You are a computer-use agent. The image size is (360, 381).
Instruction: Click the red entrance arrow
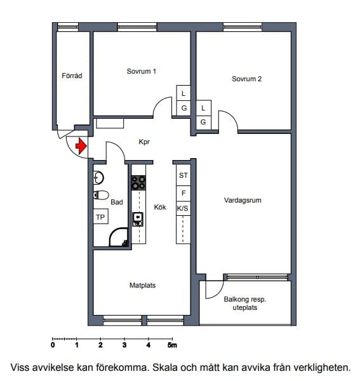[81, 146]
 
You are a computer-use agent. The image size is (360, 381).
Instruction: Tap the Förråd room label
[72, 76]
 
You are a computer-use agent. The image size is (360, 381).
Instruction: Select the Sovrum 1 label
[141, 71]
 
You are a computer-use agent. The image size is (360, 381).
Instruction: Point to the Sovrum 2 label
[246, 79]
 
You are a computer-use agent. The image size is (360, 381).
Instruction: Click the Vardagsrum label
[243, 200]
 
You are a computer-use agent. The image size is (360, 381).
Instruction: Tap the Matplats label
[143, 285]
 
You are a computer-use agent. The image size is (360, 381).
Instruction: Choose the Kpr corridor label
[144, 142]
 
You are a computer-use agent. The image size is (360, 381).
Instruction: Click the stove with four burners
[138, 183]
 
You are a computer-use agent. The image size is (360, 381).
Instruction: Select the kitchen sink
[138, 219]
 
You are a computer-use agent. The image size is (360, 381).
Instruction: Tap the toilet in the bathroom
[101, 195]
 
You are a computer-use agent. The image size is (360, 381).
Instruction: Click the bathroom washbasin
[98, 177]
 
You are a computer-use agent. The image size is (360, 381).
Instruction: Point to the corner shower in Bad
[119, 237]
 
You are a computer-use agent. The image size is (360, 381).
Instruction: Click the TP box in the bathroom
[101, 217]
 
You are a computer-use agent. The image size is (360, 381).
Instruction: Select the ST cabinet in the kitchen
[183, 175]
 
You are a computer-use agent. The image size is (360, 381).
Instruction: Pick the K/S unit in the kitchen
[183, 208]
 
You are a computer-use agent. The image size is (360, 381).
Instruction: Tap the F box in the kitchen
[183, 194]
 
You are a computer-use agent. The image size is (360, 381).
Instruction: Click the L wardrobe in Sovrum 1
[183, 93]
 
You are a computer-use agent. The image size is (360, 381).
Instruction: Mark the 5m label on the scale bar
[172, 345]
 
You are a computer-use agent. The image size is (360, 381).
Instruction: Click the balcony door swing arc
[217, 294]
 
